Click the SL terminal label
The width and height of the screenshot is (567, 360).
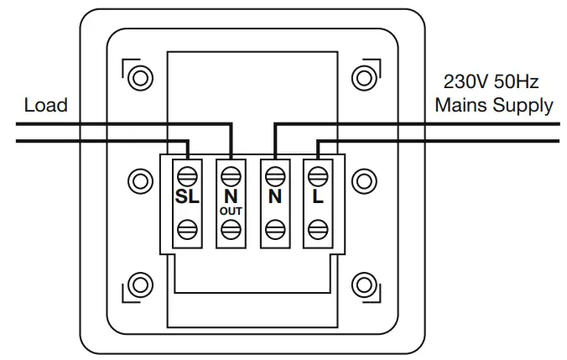click(186, 199)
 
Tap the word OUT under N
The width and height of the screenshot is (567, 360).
click(231, 211)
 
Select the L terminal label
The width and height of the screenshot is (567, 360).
click(317, 199)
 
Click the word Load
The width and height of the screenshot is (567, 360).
click(46, 106)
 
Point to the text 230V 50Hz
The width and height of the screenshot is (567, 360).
click(490, 84)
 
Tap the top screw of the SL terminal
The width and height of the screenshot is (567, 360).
click(186, 175)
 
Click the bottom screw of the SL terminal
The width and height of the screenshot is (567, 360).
click(186, 227)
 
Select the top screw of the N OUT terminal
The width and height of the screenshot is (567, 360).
click(231, 175)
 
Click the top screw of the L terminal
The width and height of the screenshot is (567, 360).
click(317, 175)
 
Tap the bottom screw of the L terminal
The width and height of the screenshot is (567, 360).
click(317, 227)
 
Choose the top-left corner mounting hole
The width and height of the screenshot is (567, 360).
click(139, 76)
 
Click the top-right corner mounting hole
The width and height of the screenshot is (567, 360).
click(364, 76)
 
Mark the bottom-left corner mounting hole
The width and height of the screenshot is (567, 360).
click(139, 284)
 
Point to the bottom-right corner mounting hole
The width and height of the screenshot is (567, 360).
click(364, 284)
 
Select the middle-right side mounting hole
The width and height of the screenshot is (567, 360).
click(364, 180)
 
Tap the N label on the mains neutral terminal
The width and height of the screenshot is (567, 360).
click(273, 199)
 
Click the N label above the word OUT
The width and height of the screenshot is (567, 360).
click(231, 196)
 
